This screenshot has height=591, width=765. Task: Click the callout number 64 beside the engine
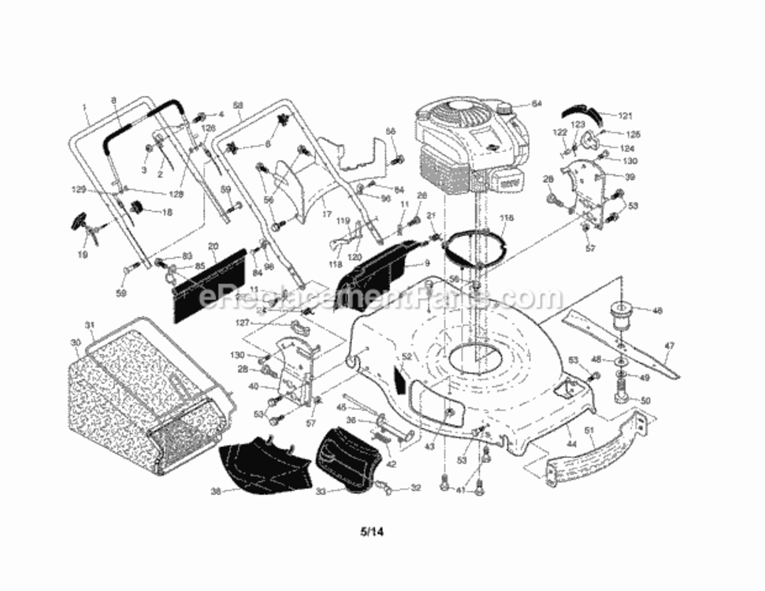coord(537,103)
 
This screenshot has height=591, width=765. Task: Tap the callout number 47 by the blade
coord(669,345)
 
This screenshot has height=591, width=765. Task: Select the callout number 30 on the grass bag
coord(75,342)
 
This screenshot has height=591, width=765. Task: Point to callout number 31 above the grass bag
coord(89,325)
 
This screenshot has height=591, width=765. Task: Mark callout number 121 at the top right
coord(625,116)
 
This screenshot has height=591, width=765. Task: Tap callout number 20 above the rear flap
coord(213,247)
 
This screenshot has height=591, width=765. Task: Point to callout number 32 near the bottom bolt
coord(415,489)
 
